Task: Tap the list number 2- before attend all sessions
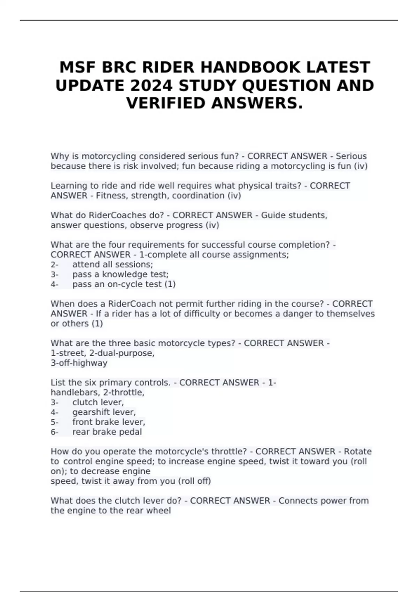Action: click(x=54, y=264)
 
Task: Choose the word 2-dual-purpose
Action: click(x=122, y=353)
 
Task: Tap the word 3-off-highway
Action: click(x=79, y=363)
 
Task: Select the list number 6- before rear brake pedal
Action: click(x=54, y=432)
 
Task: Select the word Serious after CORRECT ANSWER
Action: click(x=351, y=156)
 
